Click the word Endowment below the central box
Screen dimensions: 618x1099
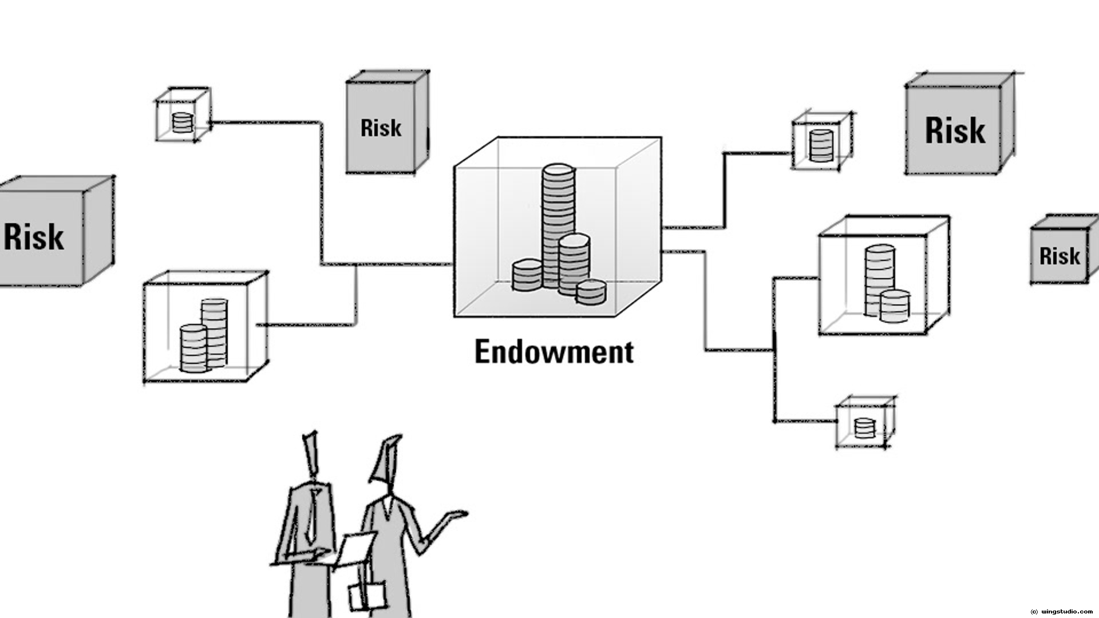pyautogui.click(x=554, y=351)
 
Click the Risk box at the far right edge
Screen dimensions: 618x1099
pyautogui.click(x=1060, y=255)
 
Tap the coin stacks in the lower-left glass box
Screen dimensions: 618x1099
pyautogui.click(x=203, y=338)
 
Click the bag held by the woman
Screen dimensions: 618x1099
pyautogui.click(x=366, y=595)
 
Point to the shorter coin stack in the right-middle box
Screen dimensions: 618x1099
pyautogui.click(x=894, y=306)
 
